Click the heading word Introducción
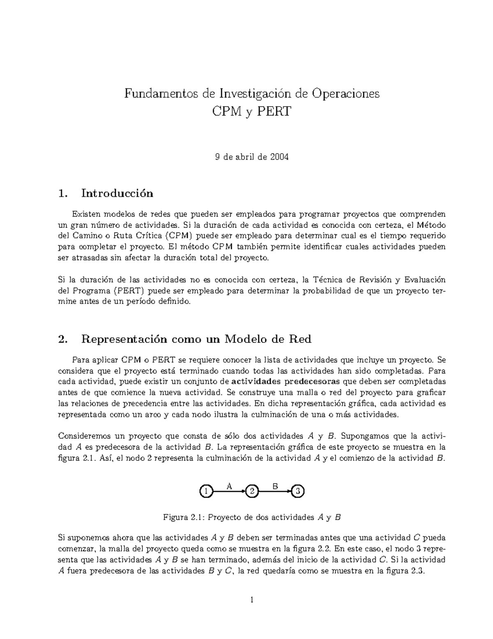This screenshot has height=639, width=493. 117,193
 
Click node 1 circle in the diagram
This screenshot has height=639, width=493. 206,491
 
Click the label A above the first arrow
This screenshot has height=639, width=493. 229,486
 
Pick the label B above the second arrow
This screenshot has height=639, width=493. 275,486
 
